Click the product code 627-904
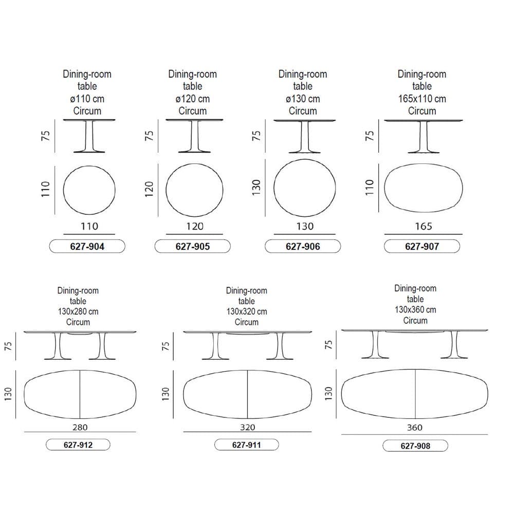pyautogui.click(x=87, y=247)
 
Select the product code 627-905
pyautogui.click(x=192, y=247)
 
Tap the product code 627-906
pyautogui.click(x=303, y=247)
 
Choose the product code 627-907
pyautogui.click(x=422, y=247)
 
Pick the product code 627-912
pyautogui.click(x=78, y=445)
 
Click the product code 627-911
pyautogui.click(x=247, y=445)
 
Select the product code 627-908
pyautogui.click(x=415, y=446)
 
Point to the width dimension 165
pyautogui.click(x=424, y=226)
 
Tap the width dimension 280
pyautogui.click(x=80, y=428)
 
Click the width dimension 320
pyautogui.click(x=248, y=428)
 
